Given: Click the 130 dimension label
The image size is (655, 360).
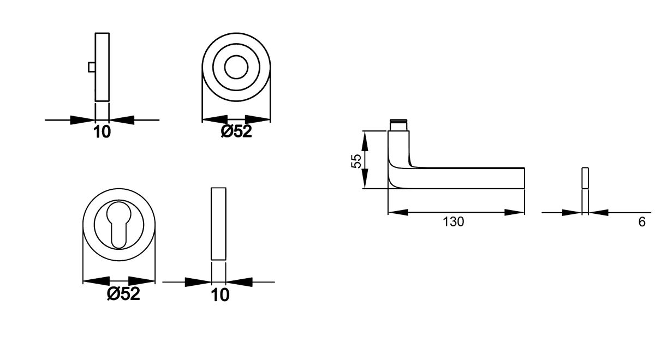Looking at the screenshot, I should coord(453,222).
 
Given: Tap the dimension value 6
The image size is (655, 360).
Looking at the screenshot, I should coord(642,222).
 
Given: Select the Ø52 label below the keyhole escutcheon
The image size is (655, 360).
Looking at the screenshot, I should coord(124,294).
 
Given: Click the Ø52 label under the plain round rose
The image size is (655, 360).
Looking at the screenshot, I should coord(236,131).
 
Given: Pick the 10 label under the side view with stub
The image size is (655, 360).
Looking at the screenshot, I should coord(102,131).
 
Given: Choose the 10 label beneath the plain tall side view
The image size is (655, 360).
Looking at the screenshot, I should coord(220,295).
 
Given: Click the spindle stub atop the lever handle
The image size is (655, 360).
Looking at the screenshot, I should coord(398,124).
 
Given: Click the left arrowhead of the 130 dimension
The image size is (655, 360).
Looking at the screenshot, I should coord(396,212).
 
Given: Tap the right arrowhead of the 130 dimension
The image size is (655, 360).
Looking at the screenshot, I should coord(516,212).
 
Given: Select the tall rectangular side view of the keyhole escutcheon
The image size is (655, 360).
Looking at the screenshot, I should coord(218,224).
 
